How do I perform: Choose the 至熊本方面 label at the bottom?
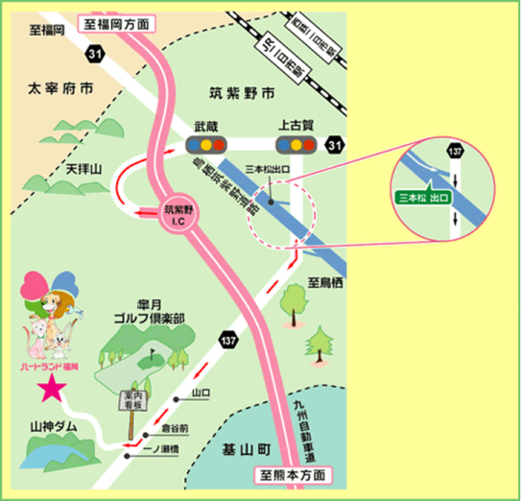click(295, 474)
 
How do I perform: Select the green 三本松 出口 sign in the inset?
click(425, 197)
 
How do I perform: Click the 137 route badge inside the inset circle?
click(455, 154)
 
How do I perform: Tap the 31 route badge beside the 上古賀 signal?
click(332, 145)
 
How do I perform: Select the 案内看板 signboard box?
click(131, 399)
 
